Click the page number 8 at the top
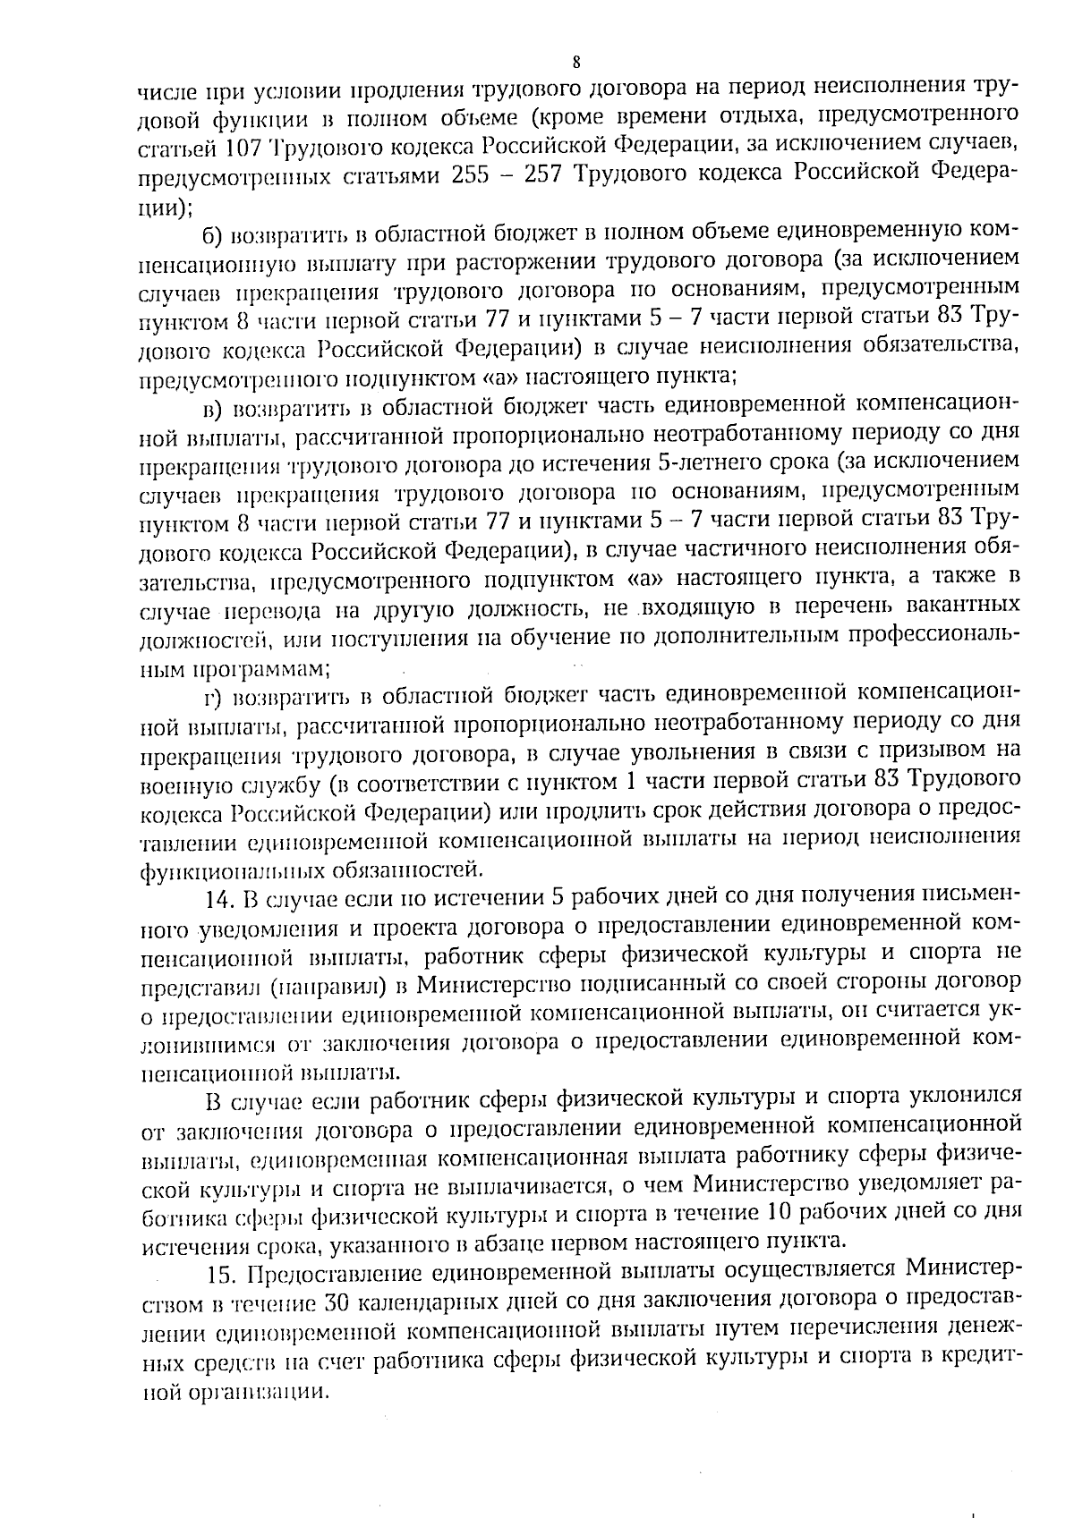pyautogui.click(x=575, y=62)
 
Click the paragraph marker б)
pyautogui.click(x=212, y=234)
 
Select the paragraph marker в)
pyautogui.click(x=212, y=409)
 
